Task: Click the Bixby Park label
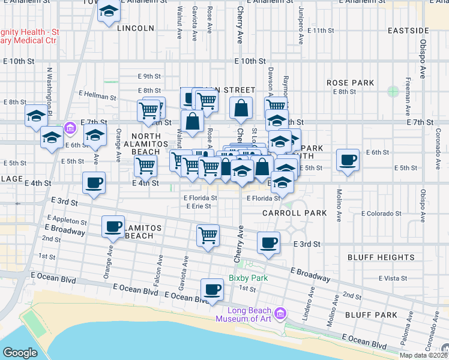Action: pyautogui.click(x=247, y=278)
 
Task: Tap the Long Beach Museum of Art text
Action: pyautogui.click(x=249, y=314)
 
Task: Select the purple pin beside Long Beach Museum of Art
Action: pyautogui.click(x=280, y=313)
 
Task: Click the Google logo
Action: pyautogui.click(x=19, y=353)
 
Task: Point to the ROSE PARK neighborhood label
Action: pyautogui.click(x=350, y=83)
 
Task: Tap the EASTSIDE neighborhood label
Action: pyautogui.click(x=408, y=30)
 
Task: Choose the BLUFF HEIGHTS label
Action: pyautogui.click(x=381, y=257)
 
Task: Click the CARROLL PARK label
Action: pyautogui.click(x=294, y=213)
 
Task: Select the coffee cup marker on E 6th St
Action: pyautogui.click(x=348, y=161)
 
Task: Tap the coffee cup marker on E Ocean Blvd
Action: pyautogui.click(x=211, y=290)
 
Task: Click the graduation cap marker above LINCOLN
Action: pyautogui.click(x=109, y=12)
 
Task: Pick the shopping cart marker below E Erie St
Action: pyautogui.click(x=208, y=236)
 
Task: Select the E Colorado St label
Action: pyautogui.click(x=381, y=214)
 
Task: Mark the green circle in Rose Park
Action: pyautogui.click(x=393, y=92)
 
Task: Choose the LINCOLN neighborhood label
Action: pyautogui.click(x=136, y=28)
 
